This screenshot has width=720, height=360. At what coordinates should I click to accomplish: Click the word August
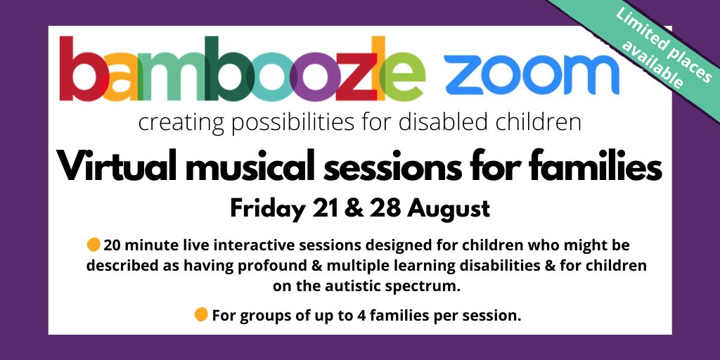click(x=444, y=209)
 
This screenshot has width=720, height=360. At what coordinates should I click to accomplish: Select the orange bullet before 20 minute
click(x=94, y=245)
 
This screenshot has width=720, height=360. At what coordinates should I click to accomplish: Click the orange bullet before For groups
click(x=201, y=315)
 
